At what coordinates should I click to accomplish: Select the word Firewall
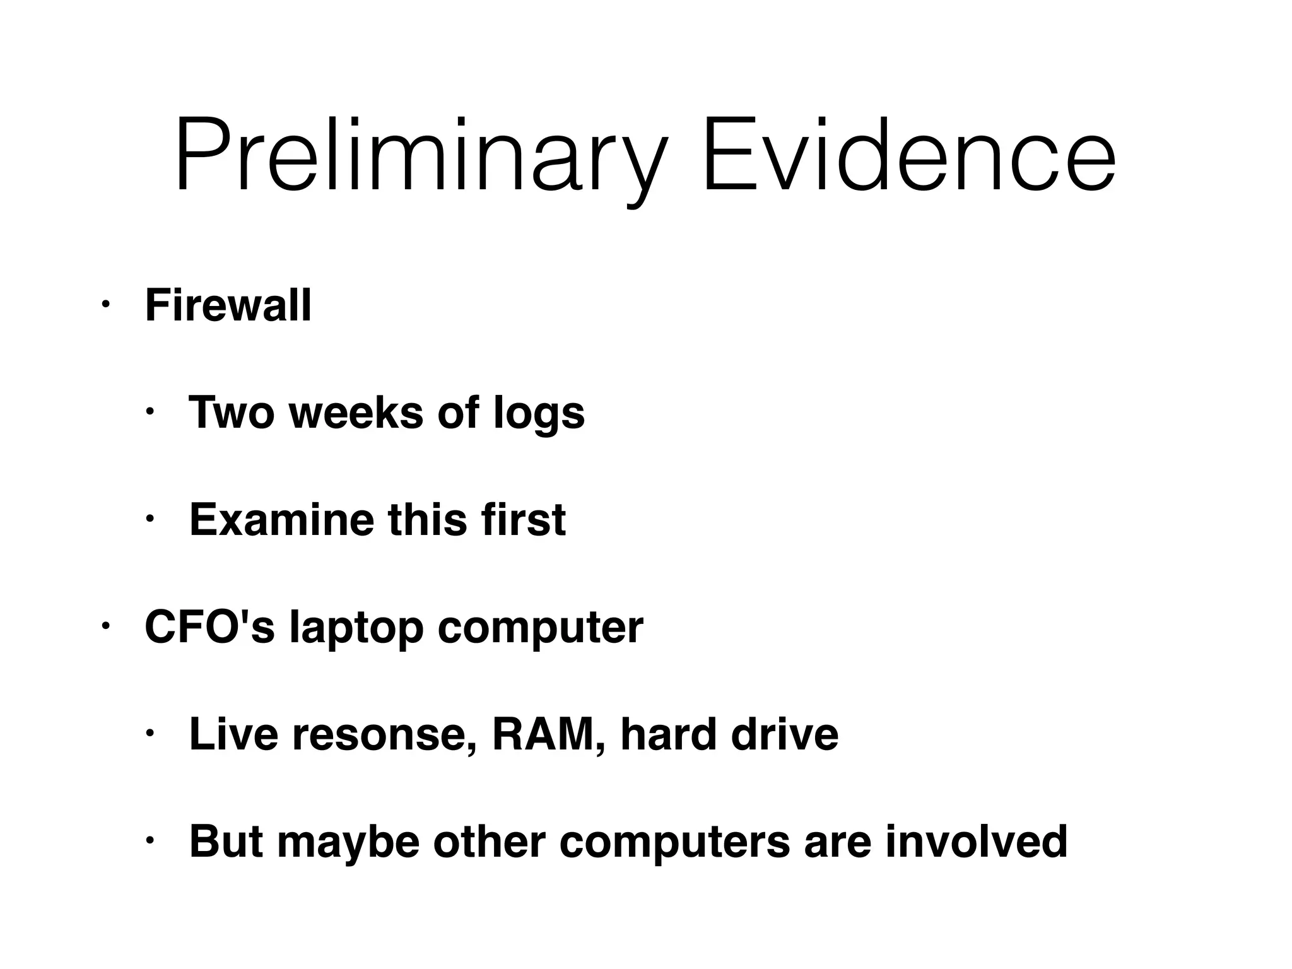point(228,306)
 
